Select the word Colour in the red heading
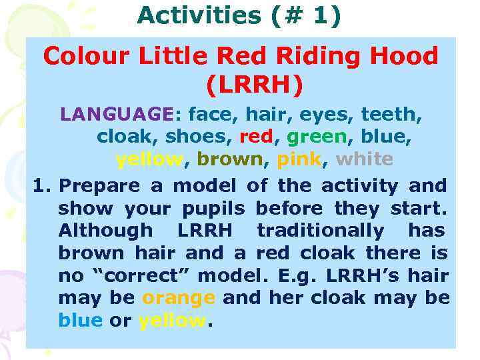tap(85, 56)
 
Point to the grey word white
tap(365, 159)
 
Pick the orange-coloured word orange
tap(179, 298)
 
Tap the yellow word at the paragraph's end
tap(173, 321)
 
